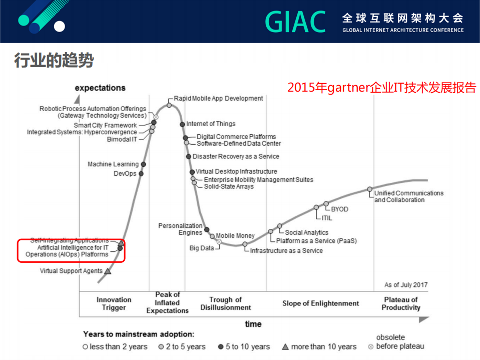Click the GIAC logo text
click(295, 22)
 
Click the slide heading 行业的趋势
click(54, 61)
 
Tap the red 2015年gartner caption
click(381, 88)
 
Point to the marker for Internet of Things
click(182, 124)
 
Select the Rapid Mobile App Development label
click(218, 99)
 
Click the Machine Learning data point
click(144, 164)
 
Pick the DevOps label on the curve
click(125, 174)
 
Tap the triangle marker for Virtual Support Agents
click(108, 271)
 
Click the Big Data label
click(201, 248)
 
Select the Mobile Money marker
click(212, 236)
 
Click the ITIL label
click(326, 218)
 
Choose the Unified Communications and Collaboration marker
click(370, 189)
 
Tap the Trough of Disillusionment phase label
click(225, 303)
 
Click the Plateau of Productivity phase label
click(400, 303)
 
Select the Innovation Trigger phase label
click(114, 303)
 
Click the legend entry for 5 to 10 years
click(245, 346)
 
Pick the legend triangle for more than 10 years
click(285, 346)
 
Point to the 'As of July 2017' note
click(406, 285)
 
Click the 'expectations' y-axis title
click(100, 88)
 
